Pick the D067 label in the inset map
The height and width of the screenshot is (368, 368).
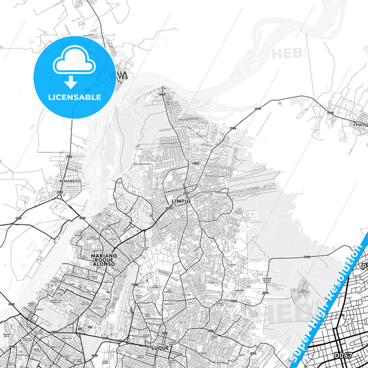point(343,355)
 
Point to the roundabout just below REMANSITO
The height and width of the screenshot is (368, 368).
point(61,197)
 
